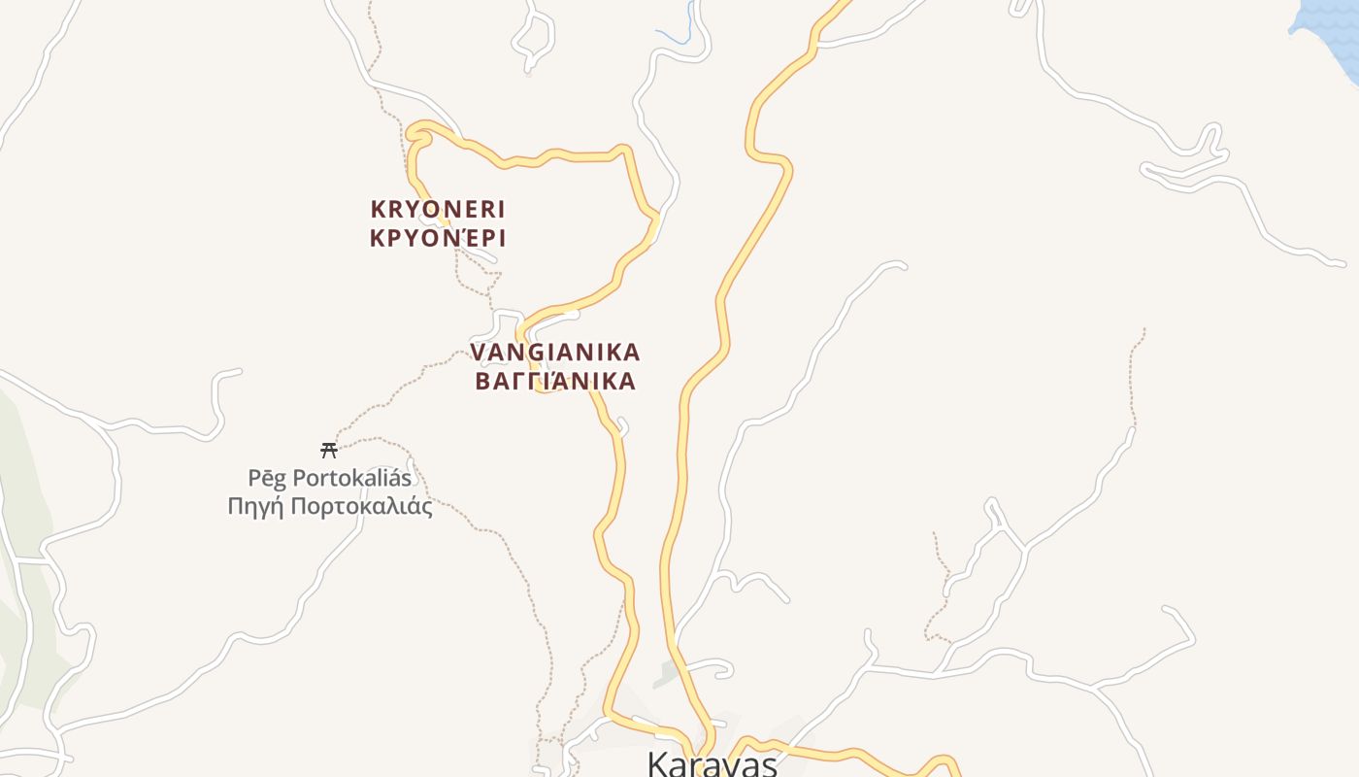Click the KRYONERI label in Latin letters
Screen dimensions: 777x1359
click(x=438, y=209)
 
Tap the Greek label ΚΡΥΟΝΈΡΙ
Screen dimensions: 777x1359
click(x=438, y=238)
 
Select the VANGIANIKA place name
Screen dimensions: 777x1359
click(x=555, y=352)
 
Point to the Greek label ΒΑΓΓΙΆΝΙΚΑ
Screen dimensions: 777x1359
click(x=555, y=381)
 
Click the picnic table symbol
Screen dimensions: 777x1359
click(x=329, y=450)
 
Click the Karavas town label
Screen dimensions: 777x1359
click(x=712, y=764)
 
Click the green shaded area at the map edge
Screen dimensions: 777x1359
click(x=24, y=544)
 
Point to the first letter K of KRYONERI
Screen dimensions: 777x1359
click(x=378, y=209)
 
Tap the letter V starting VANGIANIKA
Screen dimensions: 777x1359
click(x=478, y=352)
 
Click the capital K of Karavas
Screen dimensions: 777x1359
click(x=657, y=764)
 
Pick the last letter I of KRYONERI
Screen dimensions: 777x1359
click(x=501, y=209)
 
